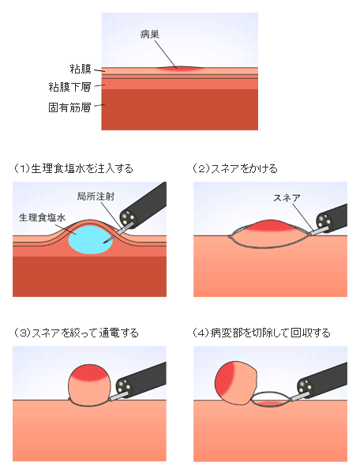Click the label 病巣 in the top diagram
pyautogui.click(x=150, y=35)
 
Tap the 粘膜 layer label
pyautogui.click(x=81, y=69)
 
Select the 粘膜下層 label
pyautogui.click(x=69, y=87)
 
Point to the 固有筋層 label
pyautogui.click(x=69, y=107)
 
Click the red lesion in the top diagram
pyautogui.click(x=179, y=69)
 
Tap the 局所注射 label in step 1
pyautogui.click(x=96, y=197)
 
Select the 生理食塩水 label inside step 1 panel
pyautogui.click(x=42, y=217)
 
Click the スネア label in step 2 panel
pyautogui.click(x=287, y=198)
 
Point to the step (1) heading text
pyautogui.click(x=73, y=168)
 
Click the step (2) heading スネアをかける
pyautogui.click(x=235, y=168)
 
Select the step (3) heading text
pyautogui.click(x=76, y=333)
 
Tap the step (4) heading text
pyautogui.click(x=261, y=333)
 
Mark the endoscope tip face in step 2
pyautogui.click(x=323, y=222)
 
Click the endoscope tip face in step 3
pyautogui.click(x=123, y=387)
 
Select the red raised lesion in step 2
pyautogui.click(x=268, y=227)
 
